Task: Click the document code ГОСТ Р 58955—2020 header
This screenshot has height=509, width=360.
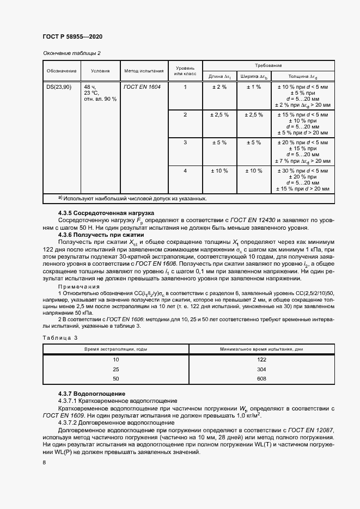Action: point(72,36)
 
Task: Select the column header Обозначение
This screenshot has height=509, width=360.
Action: point(61,71)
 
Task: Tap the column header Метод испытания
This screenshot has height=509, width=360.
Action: point(144,71)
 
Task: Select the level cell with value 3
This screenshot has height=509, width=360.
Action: point(185,143)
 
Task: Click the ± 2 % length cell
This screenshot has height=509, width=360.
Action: point(218,87)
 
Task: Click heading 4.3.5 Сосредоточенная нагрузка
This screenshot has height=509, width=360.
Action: point(106,213)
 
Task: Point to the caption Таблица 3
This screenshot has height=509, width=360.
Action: point(60,338)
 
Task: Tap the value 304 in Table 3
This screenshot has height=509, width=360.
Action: point(261,369)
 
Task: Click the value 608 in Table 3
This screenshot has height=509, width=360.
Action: point(261,378)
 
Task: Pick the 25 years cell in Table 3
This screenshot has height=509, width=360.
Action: point(115,369)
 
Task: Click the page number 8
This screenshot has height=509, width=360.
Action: point(44,462)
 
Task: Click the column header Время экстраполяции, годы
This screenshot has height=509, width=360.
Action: point(115,348)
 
